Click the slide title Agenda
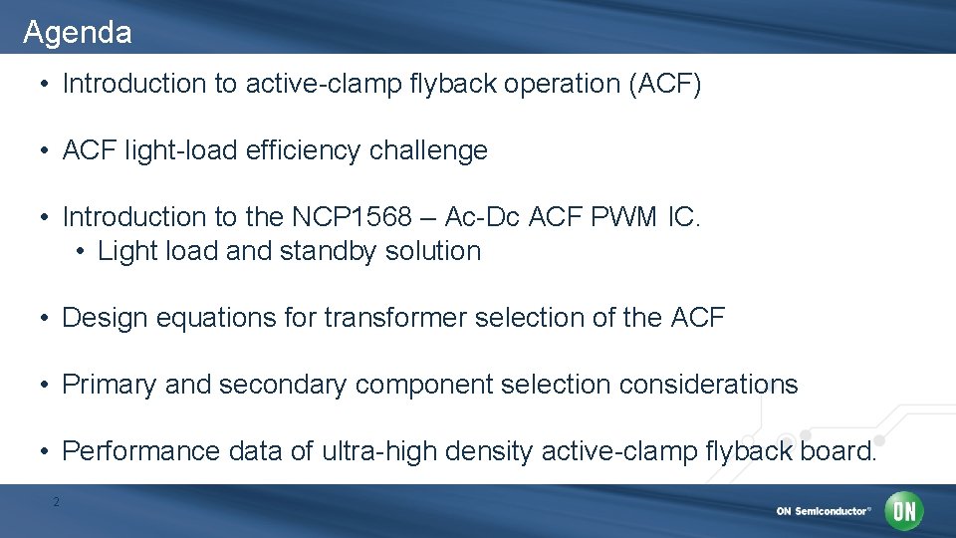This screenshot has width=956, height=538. [77, 33]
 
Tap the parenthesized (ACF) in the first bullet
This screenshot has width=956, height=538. [664, 84]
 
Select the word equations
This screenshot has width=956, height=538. [225, 318]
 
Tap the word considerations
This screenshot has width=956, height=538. [708, 385]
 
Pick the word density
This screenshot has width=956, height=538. [488, 451]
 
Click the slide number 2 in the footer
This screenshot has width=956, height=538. [56, 502]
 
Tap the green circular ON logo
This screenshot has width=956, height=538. [905, 511]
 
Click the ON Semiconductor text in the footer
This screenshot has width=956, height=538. [823, 511]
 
